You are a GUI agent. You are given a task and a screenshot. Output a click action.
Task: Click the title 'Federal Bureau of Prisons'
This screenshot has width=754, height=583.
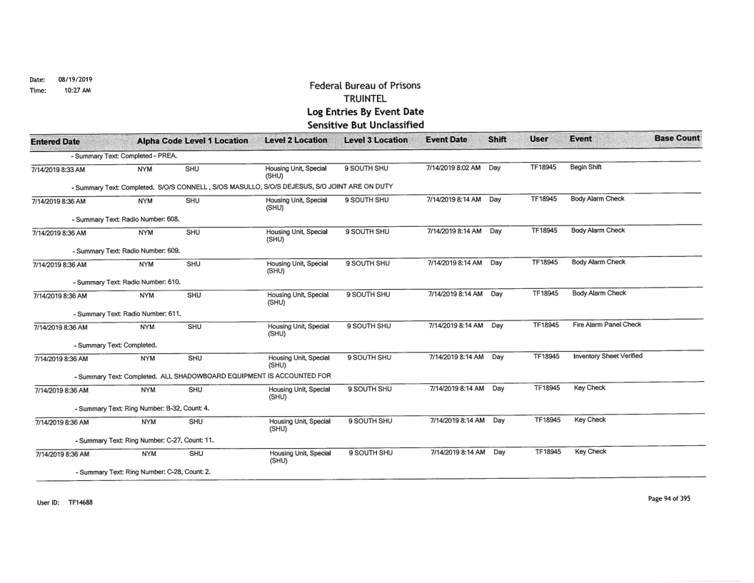point(366,86)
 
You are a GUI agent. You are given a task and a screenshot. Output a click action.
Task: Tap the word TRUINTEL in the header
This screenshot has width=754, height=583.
point(365,99)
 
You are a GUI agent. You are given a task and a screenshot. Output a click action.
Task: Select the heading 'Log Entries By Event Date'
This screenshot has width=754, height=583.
point(366,112)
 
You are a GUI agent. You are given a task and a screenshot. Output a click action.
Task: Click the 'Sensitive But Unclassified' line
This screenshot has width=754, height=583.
point(366,125)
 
